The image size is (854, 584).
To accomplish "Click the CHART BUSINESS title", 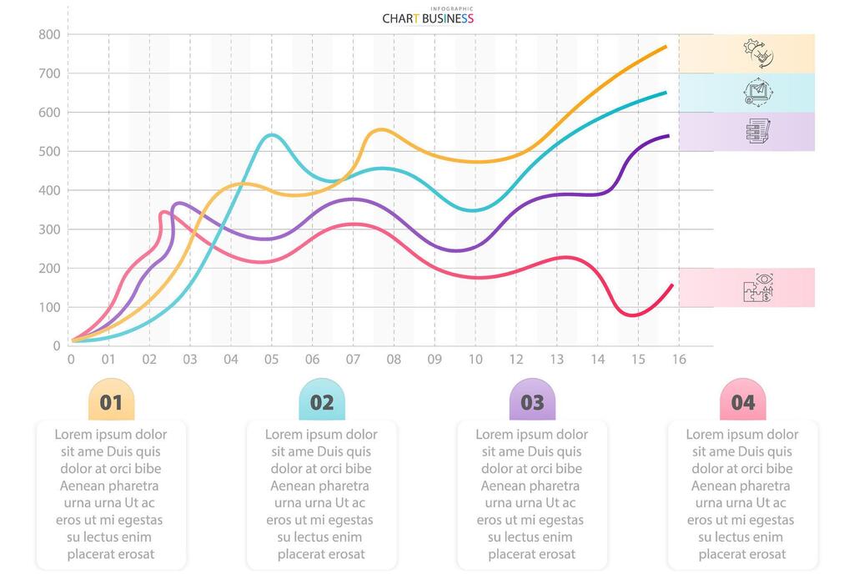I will pos(428,18).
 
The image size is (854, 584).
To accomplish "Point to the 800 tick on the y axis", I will pos(50,34).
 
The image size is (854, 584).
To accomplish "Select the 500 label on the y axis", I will pos(50,151).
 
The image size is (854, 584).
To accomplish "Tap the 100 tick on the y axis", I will pos(50,307).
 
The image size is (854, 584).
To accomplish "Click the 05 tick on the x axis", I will pos(271,360).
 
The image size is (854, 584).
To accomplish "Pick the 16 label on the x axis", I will pos(679,360).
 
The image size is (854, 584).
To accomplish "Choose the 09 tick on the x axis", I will pos(435,360).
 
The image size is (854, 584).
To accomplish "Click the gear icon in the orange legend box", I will pos(758,53).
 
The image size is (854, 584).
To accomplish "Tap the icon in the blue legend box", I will pos(758,92).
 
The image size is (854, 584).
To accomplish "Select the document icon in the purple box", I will pos(758,131).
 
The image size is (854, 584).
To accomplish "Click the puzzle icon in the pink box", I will pos(758,288).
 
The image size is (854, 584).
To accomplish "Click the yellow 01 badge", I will pos(111,401).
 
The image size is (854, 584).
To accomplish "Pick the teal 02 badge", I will pos(322,401).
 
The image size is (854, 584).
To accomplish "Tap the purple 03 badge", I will pos(532,401).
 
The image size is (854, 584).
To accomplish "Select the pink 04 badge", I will pos(742,401).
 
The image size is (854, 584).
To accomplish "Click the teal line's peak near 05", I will pos(271,135).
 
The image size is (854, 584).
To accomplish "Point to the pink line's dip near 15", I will pos(631,315).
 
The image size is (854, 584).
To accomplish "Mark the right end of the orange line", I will pos(666,47).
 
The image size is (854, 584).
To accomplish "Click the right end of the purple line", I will pos(668,136).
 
